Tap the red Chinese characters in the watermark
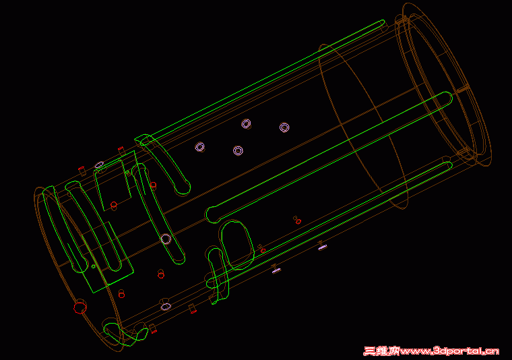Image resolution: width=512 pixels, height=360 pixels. click(x=382, y=351)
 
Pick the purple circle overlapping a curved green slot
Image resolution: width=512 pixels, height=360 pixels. click(x=166, y=239)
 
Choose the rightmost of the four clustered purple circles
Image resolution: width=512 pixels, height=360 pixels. click(x=284, y=127)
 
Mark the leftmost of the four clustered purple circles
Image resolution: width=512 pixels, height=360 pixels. click(x=199, y=147)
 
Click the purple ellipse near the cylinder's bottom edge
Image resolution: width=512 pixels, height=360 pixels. click(x=166, y=306)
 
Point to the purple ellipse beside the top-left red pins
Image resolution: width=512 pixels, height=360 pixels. click(x=99, y=164)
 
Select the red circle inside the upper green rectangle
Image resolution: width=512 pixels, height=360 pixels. click(x=114, y=204)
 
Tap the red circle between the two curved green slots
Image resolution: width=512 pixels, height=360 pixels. click(x=153, y=185)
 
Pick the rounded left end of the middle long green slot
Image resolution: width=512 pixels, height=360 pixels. click(x=212, y=214)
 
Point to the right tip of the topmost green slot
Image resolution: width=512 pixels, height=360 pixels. click(x=381, y=24)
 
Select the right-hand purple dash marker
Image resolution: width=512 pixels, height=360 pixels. click(x=323, y=247)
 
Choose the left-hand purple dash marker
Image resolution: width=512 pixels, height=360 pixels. click(x=276, y=271)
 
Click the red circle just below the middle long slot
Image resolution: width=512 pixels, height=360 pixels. click(x=297, y=219)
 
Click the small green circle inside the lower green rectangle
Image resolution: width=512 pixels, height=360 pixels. click(x=92, y=266)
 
